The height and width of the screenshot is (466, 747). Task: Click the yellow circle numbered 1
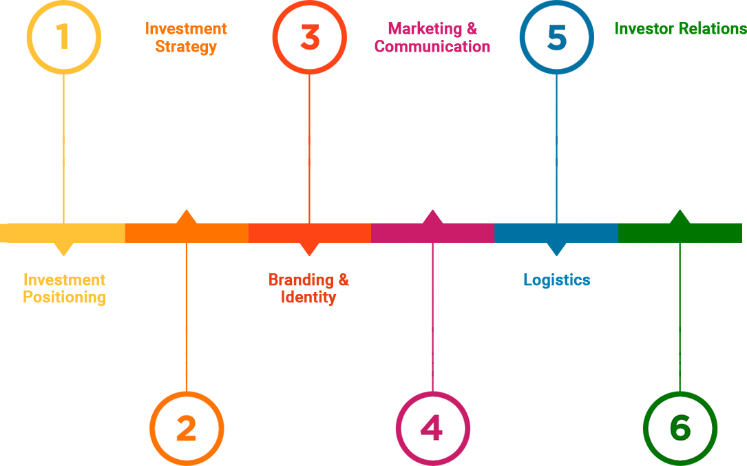(x=63, y=37)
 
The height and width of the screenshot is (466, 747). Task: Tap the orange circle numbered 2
(x=187, y=428)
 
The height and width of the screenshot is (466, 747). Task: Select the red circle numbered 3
(x=309, y=37)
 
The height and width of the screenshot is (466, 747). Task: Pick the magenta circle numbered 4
(x=432, y=428)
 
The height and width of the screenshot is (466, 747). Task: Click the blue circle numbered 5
(x=556, y=37)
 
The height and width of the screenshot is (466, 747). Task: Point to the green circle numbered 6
(x=680, y=428)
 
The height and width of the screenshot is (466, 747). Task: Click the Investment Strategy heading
(x=186, y=38)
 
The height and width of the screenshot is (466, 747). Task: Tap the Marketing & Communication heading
(x=432, y=38)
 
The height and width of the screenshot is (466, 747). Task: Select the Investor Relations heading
(x=680, y=29)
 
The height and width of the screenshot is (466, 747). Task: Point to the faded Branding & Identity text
(x=308, y=289)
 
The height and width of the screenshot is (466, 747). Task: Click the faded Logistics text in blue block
(x=556, y=280)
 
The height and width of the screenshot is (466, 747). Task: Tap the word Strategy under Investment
(x=186, y=47)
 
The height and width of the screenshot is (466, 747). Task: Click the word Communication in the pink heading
(x=432, y=47)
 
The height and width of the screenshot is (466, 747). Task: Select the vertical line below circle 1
(x=63, y=117)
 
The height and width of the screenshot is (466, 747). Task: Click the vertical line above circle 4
(x=432, y=351)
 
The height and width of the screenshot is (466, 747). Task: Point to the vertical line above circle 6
(x=680, y=351)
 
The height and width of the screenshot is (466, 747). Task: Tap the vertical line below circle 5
(x=556, y=117)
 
